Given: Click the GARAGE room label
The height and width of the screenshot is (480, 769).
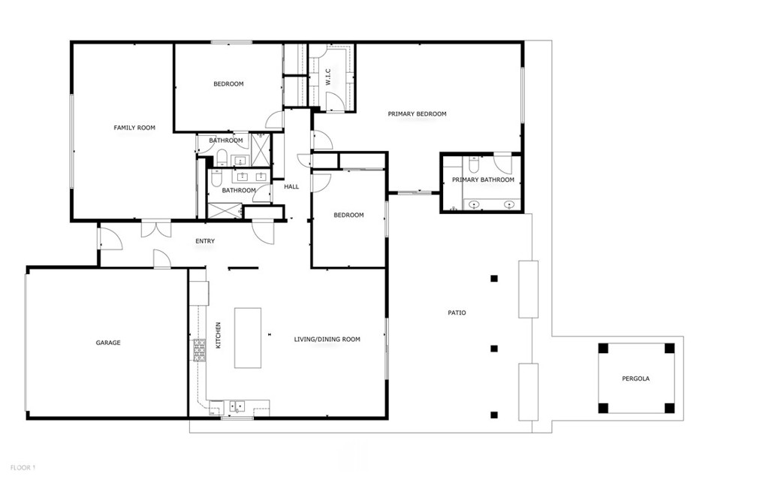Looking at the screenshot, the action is pos(108,343).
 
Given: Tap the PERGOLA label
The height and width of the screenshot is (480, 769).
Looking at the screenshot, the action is pos(635,379).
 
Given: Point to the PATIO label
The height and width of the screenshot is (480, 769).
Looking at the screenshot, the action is pos(457,312).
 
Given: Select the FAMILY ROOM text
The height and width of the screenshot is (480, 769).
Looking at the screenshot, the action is pos(134,128).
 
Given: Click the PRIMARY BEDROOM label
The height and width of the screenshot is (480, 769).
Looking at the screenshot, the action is pos(417,114).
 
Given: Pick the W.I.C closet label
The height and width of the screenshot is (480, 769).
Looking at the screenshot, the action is pos(328,77).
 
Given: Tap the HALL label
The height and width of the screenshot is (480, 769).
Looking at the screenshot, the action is pos(291,186).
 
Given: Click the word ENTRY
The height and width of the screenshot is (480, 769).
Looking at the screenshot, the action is pos(205,241).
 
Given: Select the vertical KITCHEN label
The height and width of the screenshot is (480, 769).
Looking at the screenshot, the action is pos(219,335).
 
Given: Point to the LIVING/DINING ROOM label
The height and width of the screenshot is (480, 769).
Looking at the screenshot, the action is pos(327,339).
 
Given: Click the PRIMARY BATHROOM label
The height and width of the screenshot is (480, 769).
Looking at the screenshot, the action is pos(483,180).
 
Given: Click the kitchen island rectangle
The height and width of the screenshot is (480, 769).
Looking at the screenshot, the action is pos(248,338).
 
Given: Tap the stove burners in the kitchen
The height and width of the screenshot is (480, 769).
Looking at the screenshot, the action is pos(200,350).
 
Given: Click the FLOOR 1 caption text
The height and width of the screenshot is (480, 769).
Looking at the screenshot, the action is pos(23,468).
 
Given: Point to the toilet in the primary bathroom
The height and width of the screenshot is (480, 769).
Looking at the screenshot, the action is pos(474,165).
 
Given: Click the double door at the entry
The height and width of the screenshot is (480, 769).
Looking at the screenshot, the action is pos(156,230).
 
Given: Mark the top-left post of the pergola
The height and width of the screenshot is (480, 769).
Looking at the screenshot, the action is pos(603,348).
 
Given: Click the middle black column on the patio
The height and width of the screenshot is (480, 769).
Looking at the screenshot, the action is pos(494,349).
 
